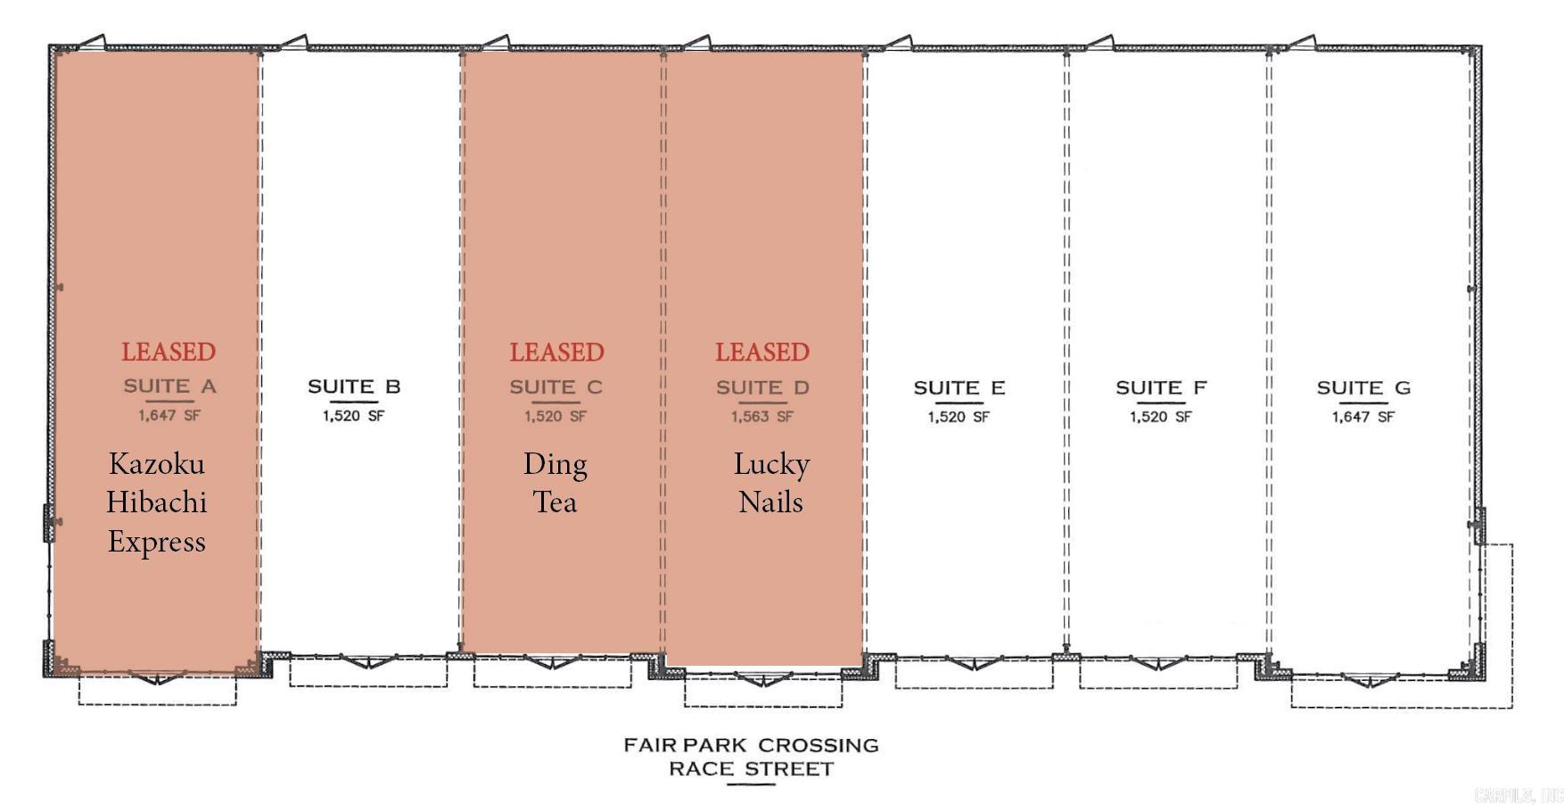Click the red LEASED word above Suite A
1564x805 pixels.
click(169, 352)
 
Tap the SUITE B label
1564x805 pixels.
click(354, 386)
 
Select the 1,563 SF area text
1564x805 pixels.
click(762, 417)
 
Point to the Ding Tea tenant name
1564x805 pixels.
click(555, 483)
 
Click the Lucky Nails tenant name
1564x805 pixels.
click(771, 483)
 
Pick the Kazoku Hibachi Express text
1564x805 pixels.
click(157, 502)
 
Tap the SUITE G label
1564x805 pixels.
click(1363, 388)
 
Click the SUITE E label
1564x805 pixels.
click(959, 388)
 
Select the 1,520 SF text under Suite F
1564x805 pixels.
click(1161, 417)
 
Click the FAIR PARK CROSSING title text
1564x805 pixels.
click(751, 744)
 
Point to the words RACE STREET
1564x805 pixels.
click(751, 769)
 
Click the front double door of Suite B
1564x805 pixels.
click(369, 661)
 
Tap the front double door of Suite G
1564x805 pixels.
click(1370, 681)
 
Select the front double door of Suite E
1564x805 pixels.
click(974, 663)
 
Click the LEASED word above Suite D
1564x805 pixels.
click(762, 352)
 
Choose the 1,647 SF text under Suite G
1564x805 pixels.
click(1363, 417)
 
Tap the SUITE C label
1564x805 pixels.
click(556, 387)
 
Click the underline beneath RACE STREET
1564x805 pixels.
click(751, 784)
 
